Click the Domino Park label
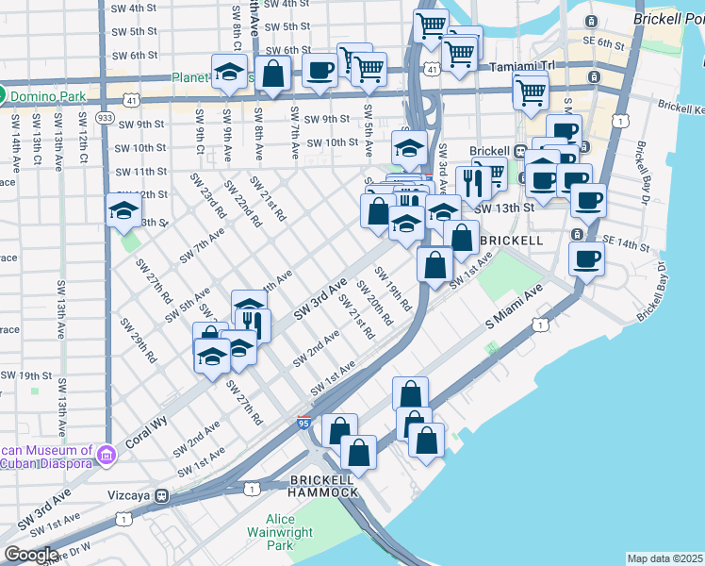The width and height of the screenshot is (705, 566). coord(48,94)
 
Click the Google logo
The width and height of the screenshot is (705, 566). coord(31,555)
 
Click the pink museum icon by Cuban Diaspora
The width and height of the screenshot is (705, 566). coord(106,456)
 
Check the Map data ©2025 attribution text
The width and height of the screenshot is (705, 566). coord(664,558)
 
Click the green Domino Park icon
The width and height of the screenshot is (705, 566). coord(4,94)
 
